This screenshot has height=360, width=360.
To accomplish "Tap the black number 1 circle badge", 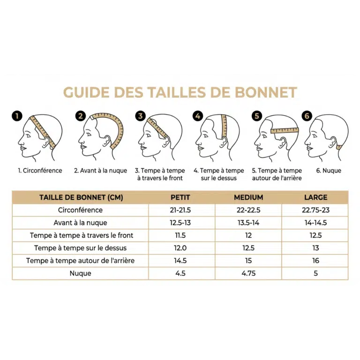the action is [17, 116].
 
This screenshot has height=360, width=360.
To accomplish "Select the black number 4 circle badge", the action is [198, 116].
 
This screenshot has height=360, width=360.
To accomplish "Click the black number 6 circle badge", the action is [307, 116].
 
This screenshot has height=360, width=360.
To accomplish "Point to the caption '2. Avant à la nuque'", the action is [100, 171].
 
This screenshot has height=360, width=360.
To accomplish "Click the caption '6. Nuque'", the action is [329, 171].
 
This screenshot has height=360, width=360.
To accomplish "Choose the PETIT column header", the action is [180, 197].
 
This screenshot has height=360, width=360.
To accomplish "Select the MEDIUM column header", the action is [248, 197].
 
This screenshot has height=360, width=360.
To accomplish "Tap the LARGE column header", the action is [315, 197].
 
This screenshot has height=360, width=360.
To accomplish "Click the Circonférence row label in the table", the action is [80, 210].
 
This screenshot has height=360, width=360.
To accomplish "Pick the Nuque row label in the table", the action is [80, 273].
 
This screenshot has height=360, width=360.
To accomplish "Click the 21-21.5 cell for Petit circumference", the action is [180, 210].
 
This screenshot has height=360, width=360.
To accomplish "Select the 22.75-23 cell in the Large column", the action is [315, 210].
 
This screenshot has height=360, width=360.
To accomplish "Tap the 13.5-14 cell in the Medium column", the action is [248, 223].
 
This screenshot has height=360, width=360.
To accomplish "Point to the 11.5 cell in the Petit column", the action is [180, 235].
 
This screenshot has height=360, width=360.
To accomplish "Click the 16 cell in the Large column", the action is [315, 261].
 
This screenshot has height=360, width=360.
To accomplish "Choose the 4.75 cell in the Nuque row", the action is [248, 273].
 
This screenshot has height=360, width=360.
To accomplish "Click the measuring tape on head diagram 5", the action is [285, 130].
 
